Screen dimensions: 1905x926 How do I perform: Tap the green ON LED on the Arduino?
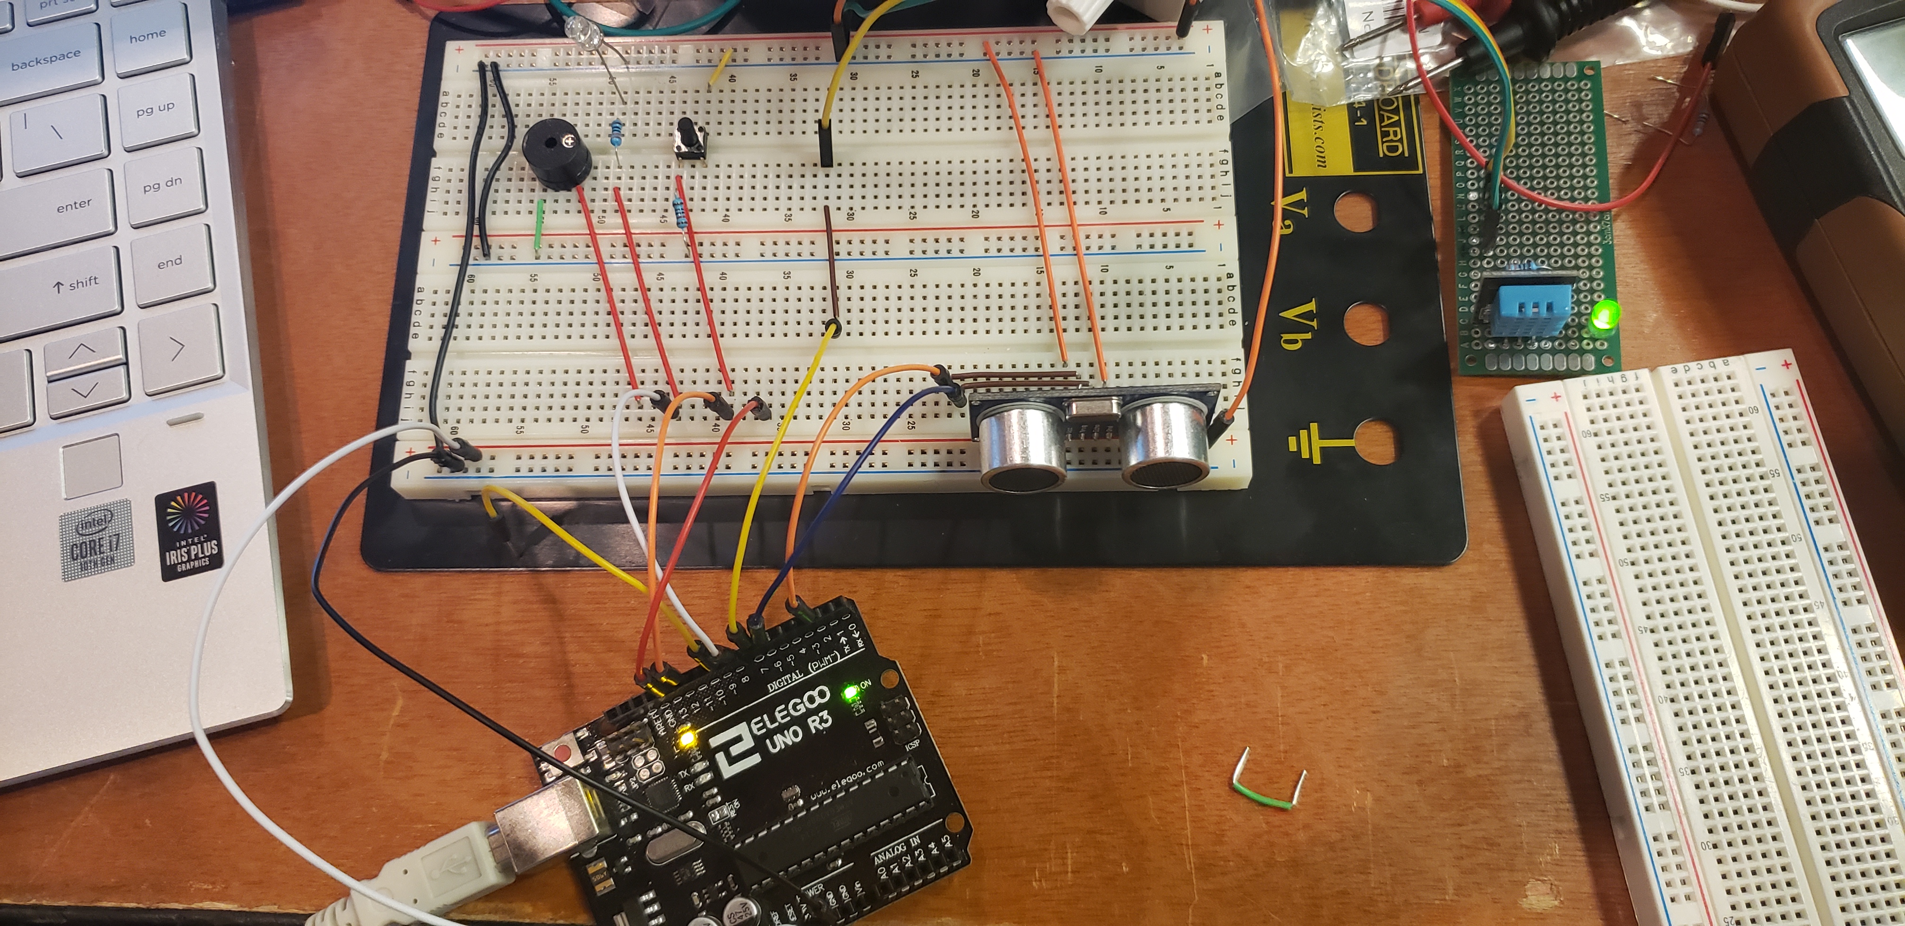[851, 693]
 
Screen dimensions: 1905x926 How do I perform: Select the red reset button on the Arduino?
[564, 755]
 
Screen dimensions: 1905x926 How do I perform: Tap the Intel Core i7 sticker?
[96, 540]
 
